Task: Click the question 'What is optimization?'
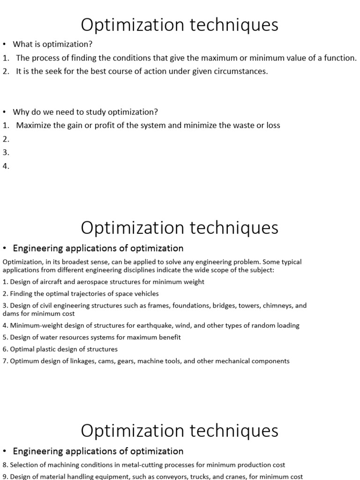click(52, 45)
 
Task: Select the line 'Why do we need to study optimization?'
click(85, 112)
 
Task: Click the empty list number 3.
click(6, 153)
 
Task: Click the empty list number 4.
click(6, 166)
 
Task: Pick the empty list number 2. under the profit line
click(6, 139)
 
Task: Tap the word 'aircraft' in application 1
click(47, 282)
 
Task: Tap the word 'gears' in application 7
click(143, 361)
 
